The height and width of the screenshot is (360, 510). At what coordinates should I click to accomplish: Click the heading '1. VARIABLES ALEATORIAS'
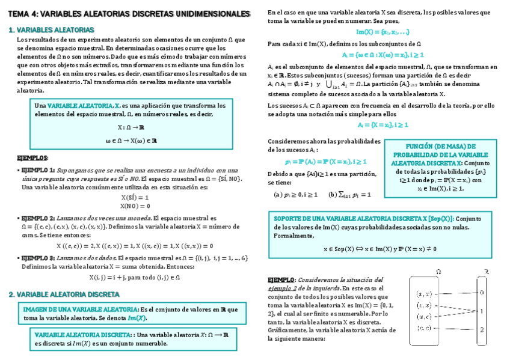[51, 29]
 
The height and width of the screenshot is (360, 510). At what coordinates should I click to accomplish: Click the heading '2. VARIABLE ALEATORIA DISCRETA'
[64, 294]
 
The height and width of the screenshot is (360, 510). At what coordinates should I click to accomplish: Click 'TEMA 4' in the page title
[23, 13]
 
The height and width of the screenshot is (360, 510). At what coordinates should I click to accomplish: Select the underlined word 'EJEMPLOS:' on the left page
[32, 157]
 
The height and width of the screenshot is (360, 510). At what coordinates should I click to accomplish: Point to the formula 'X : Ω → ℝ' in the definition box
[131, 127]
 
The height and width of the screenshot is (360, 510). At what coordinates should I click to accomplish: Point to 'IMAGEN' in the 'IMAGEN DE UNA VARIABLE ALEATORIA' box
[35, 309]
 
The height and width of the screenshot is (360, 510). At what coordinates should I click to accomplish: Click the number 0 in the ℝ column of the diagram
[482, 293]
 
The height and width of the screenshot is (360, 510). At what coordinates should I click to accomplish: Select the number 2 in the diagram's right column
[482, 329]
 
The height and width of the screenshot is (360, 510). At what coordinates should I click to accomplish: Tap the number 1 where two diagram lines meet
[482, 311]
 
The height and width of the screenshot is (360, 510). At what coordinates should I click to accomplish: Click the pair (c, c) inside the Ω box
[424, 328]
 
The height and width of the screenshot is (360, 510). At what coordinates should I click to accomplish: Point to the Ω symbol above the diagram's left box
[438, 272]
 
